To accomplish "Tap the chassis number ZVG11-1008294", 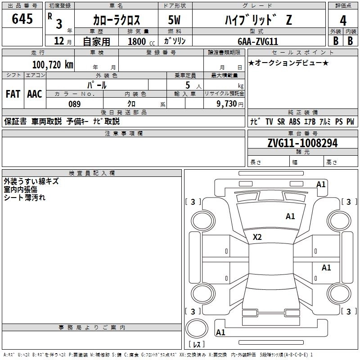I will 302,143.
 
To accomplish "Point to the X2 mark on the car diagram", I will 257,237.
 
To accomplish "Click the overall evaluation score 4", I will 343,20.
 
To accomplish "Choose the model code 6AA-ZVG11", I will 258,41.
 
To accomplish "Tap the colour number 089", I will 74,104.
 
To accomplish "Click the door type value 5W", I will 175,20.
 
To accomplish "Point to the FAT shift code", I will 13,94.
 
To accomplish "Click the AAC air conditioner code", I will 35,94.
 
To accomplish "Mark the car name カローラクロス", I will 117,20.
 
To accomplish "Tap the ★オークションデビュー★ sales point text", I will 288,63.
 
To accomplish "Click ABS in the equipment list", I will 295,121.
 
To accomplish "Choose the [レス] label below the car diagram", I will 197,345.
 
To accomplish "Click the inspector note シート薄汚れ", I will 25,197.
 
